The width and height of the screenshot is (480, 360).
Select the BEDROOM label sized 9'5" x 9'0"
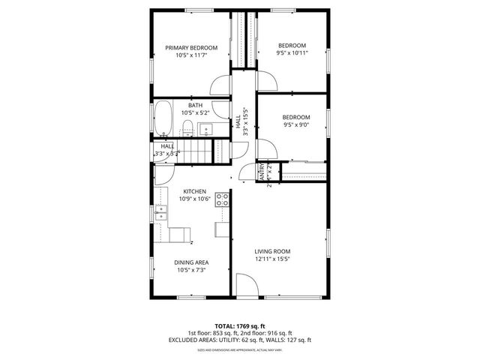coord(296,117)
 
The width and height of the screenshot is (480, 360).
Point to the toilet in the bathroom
coord(188,127)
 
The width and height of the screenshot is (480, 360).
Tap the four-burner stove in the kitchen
coord(223,199)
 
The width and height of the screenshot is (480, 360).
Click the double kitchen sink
coord(161,216)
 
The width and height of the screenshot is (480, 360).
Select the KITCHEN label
coord(194,191)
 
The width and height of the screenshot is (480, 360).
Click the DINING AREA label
coord(190,262)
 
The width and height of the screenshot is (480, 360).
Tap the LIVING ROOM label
coord(272,251)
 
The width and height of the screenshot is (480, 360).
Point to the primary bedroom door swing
coord(220,85)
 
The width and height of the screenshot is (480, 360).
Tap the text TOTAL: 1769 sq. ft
coord(239,325)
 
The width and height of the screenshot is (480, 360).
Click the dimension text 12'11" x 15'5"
coord(272,259)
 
